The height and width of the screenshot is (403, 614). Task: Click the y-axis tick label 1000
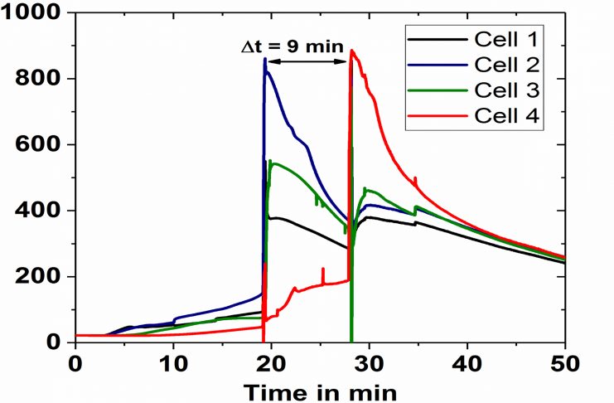tap(31, 13)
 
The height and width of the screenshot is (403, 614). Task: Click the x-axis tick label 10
tap(173, 362)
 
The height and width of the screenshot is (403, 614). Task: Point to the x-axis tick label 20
tap(271, 362)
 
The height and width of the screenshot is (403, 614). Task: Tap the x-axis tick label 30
tap(369, 362)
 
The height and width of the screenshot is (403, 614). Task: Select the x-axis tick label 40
tap(467, 362)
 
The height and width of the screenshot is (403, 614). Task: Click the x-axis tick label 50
tap(564, 362)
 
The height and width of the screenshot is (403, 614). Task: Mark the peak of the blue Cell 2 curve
tap(265, 59)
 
